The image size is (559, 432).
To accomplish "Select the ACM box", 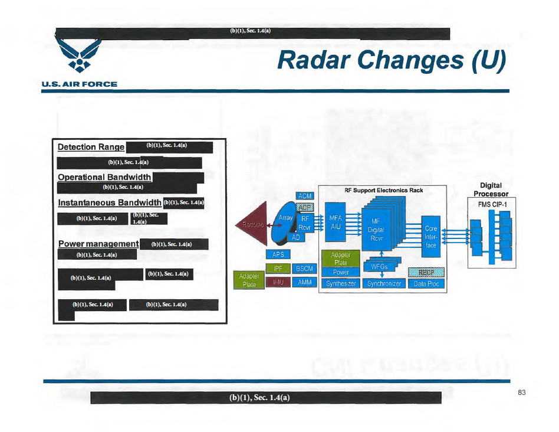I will pyautogui.click(x=304, y=196).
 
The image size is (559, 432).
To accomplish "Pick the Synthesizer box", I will pyautogui.click(x=341, y=284).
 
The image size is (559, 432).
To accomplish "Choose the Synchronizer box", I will pyautogui.click(x=383, y=284).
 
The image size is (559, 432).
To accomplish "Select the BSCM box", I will pyautogui.click(x=304, y=269).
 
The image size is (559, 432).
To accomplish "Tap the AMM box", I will pyautogui.click(x=304, y=283).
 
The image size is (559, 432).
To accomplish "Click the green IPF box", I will pyautogui.click(x=278, y=269).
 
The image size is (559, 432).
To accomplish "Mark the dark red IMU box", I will pyautogui.click(x=278, y=283).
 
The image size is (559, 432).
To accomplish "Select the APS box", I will pyautogui.click(x=278, y=254).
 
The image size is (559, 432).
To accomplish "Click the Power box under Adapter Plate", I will pyautogui.click(x=341, y=273).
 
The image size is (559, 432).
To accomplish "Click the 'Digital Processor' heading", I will pyautogui.click(x=491, y=189).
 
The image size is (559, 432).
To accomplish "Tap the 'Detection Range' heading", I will pyautogui.click(x=91, y=147).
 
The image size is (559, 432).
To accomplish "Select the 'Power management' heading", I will pyautogui.click(x=98, y=244).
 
